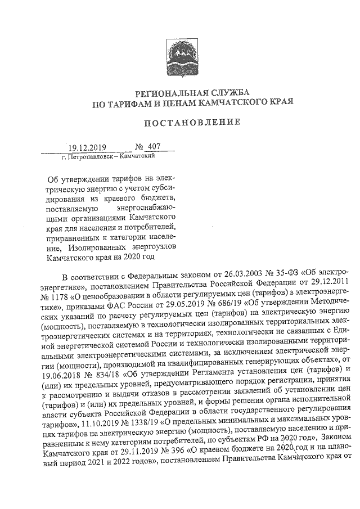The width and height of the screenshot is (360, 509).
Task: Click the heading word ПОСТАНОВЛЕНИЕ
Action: (x=192, y=122)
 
